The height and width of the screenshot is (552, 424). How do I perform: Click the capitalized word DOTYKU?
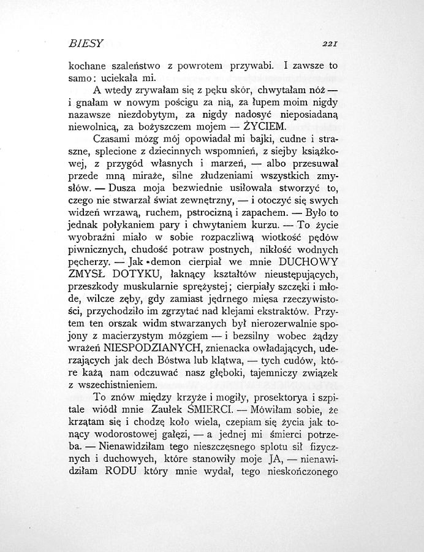(x=131, y=274)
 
